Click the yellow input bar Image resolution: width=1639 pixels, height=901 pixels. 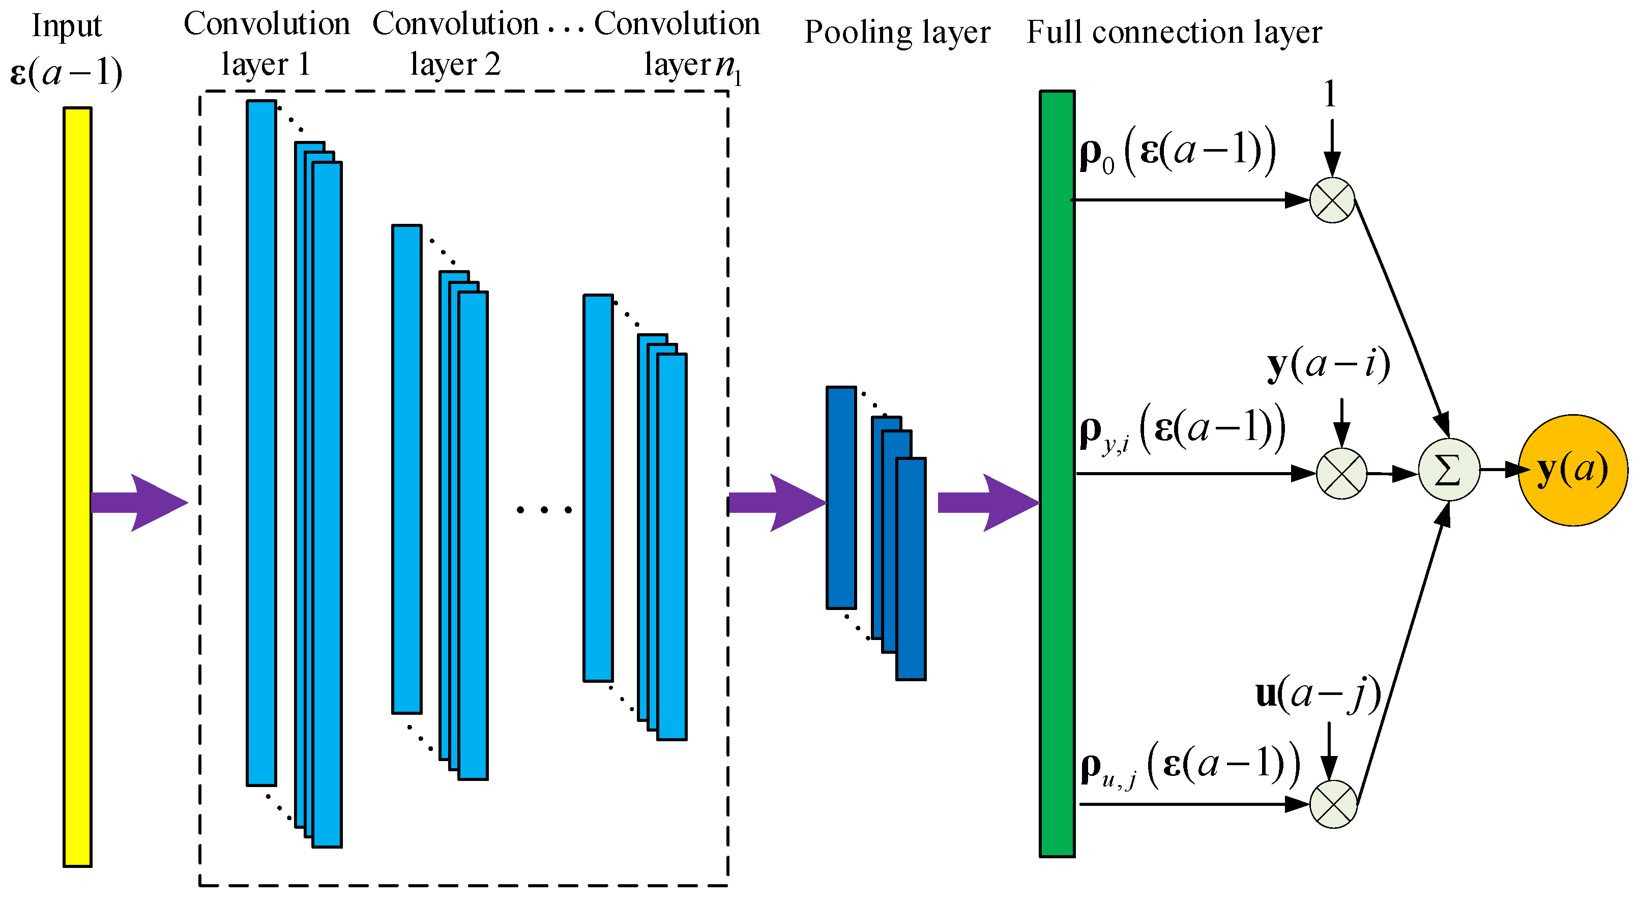pos(77,487)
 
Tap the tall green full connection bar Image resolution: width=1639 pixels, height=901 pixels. pos(1057,474)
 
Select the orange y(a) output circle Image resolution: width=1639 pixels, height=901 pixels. pos(1572,470)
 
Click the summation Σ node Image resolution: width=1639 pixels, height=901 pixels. pos(1449,470)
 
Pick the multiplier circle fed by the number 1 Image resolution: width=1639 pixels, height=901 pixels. pos(1332,200)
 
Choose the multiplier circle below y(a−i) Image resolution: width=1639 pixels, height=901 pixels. pos(1341,474)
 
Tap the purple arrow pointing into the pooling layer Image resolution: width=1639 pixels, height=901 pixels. pos(776,503)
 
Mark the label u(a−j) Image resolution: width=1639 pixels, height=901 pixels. pos(1318,693)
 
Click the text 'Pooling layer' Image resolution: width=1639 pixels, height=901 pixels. pos(897,32)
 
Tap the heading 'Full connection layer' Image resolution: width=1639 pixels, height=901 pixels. pos(1174,32)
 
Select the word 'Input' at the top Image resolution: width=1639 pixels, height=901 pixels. pos(66,27)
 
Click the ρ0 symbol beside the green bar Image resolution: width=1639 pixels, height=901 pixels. pos(1096,155)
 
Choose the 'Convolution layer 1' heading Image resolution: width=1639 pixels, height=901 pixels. pos(267,43)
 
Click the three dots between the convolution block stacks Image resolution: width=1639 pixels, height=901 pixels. pos(544,510)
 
